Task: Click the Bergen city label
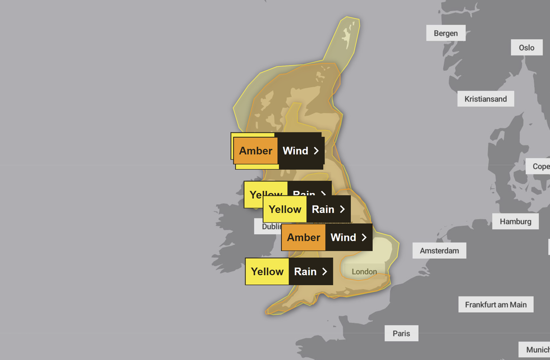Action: pyautogui.click(x=446, y=33)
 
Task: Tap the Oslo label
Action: pyautogui.click(x=526, y=47)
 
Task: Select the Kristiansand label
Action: pyautogui.click(x=485, y=99)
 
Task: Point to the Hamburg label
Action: pyautogui.click(x=515, y=221)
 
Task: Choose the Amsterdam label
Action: pyautogui.click(x=439, y=250)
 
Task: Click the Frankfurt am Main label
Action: pyautogui.click(x=496, y=304)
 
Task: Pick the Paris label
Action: pyautogui.click(x=401, y=333)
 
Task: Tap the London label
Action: pyautogui.click(x=364, y=272)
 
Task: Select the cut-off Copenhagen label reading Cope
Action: pyautogui.click(x=540, y=166)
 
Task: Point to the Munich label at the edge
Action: pyautogui.click(x=536, y=349)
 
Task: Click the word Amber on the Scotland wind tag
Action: pyautogui.click(x=256, y=151)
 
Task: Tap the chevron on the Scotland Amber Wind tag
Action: pyautogui.click(x=317, y=151)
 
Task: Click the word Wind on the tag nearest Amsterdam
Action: pyautogui.click(x=343, y=238)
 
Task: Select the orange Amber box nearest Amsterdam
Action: pyautogui.click(x=304, y=238)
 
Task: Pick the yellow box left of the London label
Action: pyautogui.click(x=267, y=272)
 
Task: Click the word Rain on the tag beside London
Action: pyautogui.click(x=305, y=272)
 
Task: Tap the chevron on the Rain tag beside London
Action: pyautogui.click(x=325, y=272)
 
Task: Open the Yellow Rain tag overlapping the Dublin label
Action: pyautogui.click(x=306, y=209)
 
